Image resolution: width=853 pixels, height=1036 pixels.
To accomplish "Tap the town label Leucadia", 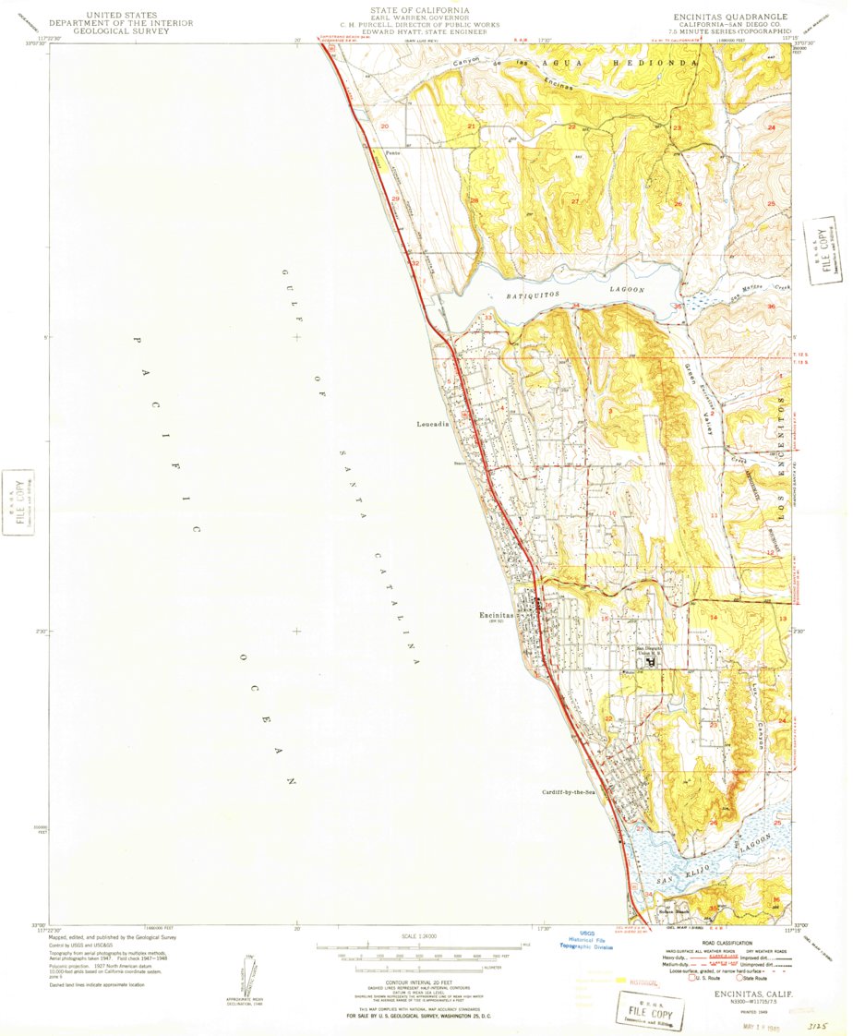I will pos(432,424).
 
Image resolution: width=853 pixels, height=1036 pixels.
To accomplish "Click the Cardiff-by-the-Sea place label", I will pos(572,792).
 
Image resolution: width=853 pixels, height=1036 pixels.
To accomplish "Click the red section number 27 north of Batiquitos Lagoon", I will pos(574,201).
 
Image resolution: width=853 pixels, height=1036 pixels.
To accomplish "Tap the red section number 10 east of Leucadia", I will pos(612,513).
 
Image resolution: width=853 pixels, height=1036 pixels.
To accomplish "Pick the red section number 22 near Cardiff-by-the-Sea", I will pos(608,718).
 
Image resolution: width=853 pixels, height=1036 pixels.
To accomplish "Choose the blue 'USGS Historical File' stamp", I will pos(588,940).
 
